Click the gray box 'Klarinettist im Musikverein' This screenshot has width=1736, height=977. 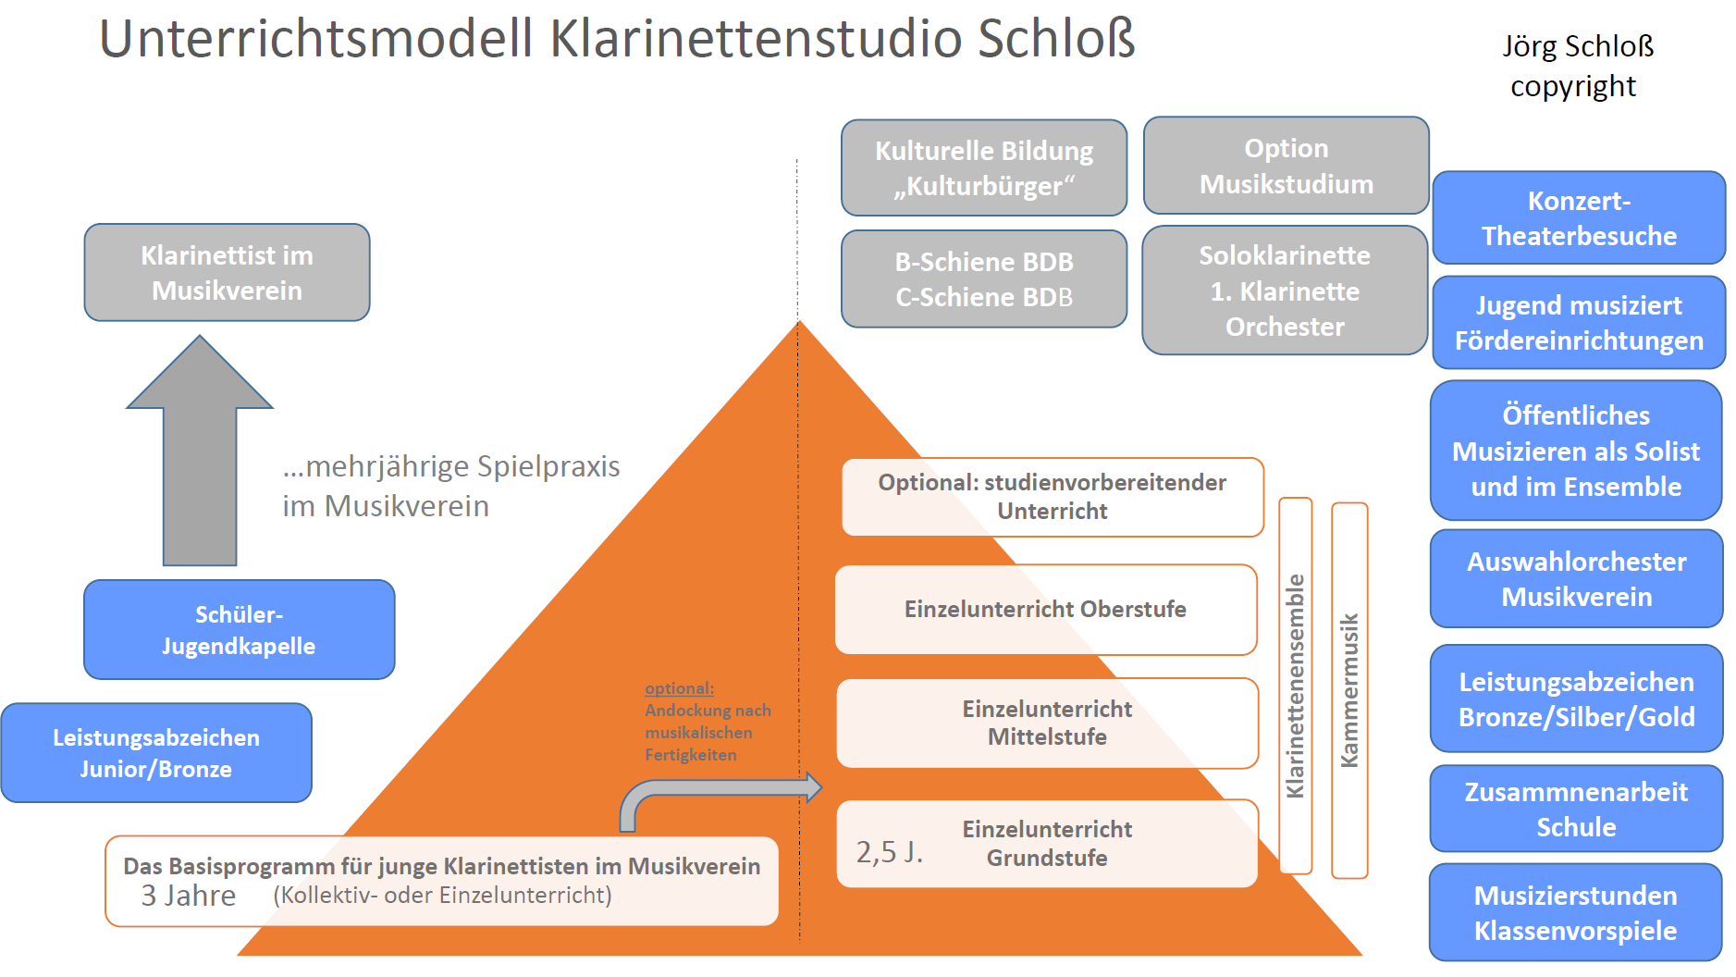coord(227,273)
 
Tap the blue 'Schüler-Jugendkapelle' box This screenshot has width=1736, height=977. coord(239,630)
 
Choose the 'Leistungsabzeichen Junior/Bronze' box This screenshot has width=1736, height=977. coord(156,753)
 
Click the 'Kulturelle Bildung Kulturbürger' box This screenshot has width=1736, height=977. coord(984,168)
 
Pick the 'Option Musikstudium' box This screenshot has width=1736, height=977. coord(1286,166)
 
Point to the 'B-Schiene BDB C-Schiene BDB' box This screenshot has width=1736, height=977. coord(984,279)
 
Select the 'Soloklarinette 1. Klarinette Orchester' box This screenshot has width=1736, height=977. coord(1285,291)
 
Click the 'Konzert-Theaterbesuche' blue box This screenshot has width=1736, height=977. coord(1579,218)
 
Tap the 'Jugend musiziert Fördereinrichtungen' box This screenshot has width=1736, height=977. coord(1579,323)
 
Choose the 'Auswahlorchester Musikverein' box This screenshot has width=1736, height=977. coord(1576,579)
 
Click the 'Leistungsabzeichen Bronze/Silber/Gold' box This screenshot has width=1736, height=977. coord(1576,699)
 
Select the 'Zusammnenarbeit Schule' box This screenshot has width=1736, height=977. coord(1576,809)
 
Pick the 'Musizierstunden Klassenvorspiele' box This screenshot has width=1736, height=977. coord(1575,913)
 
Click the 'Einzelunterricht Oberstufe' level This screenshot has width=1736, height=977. coord(1045,610)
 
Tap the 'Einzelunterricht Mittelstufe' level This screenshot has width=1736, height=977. coord(1047,723)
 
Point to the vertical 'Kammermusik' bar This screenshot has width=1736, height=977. coord(1349,690)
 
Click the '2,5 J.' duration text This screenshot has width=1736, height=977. coord(889,852)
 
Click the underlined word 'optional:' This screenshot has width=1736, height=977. coord(679,688)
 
